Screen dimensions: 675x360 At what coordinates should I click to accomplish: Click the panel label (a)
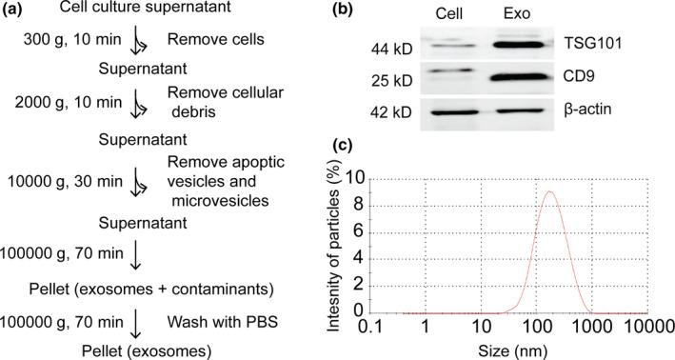18,10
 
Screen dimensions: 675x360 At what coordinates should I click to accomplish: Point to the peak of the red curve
549,191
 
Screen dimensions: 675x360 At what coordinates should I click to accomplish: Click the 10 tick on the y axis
375,178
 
